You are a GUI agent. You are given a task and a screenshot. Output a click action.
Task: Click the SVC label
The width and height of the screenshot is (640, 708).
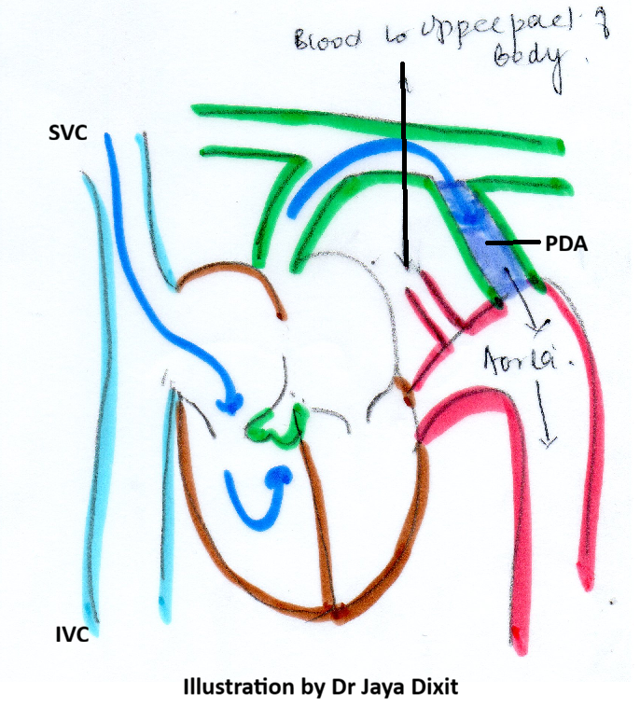pyautogui.click(x=68, y=133)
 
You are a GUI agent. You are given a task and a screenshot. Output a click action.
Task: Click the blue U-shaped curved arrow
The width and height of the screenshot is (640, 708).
pyautogui.click(x=255, y=494)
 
